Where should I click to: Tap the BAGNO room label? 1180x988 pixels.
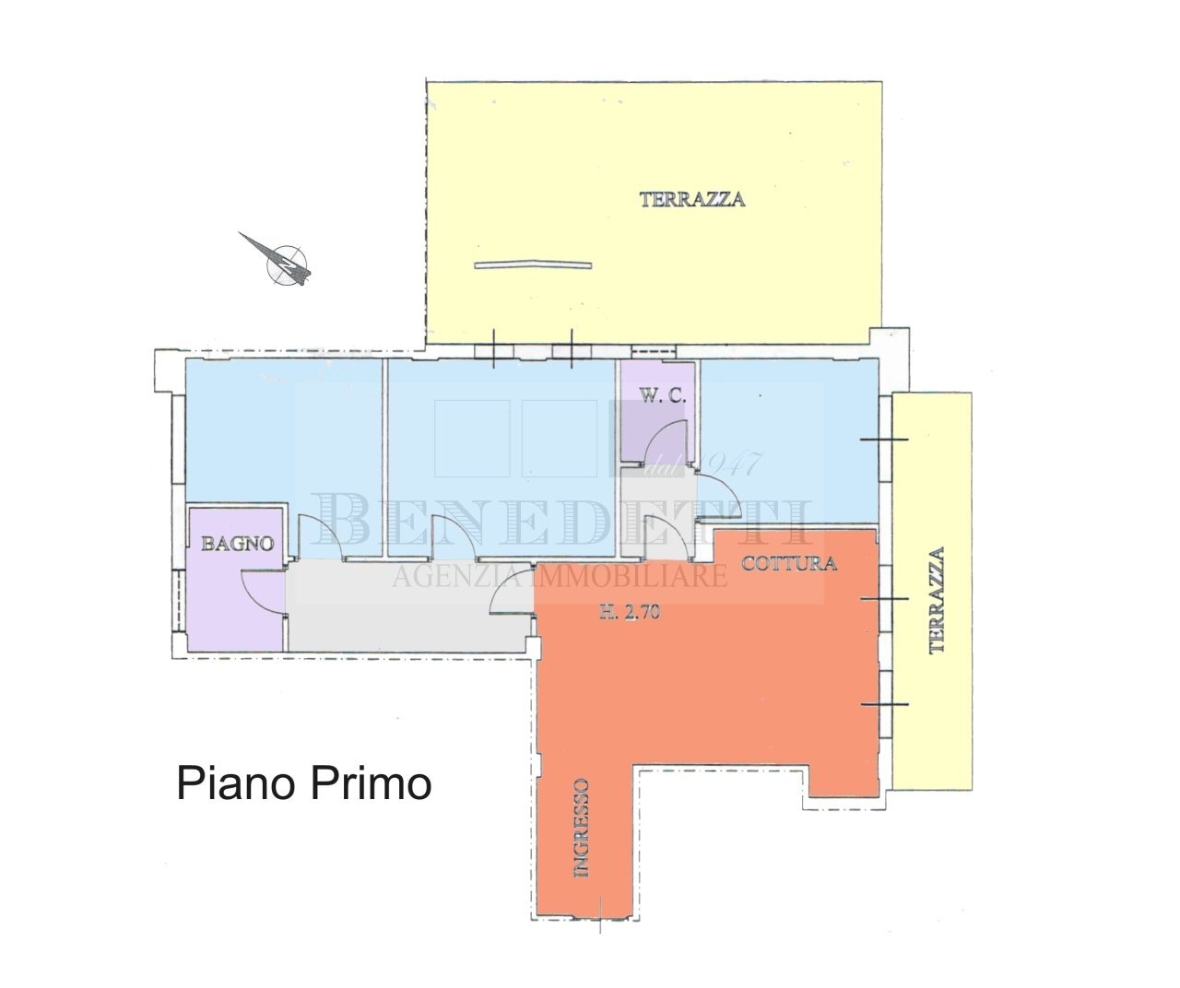click(239, 544)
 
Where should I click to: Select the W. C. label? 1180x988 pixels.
click(660, 397)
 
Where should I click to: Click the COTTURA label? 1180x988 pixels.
click(789, 564)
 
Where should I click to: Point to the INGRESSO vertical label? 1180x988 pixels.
click(581, 827)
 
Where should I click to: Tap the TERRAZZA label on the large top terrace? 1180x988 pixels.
click(692, 198)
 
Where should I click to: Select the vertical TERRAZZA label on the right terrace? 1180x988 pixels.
click(938, 600)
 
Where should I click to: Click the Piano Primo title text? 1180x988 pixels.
click(304, 784)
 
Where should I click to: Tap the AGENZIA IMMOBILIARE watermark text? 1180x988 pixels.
click(560, 577)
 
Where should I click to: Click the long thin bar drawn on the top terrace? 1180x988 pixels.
click(533, 265)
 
